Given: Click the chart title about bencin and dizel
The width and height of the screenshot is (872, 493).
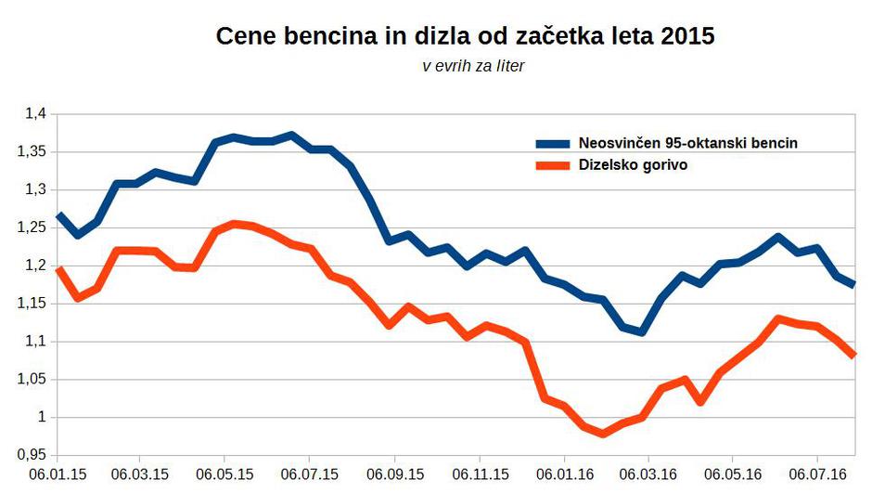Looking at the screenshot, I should tap(466, 37).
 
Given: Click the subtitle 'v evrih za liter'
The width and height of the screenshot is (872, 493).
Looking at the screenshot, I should tap(473, 67).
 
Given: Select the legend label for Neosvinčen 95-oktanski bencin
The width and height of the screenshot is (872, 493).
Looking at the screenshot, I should tap(687, 143).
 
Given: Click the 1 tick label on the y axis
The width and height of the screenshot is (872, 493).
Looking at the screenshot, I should tap(41, 417).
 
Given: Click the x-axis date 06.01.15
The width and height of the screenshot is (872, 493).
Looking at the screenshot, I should tap(57, 474).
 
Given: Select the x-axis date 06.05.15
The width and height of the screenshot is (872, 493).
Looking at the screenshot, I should tap(224, 474).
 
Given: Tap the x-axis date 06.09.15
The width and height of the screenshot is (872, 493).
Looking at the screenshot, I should tap(394, 474).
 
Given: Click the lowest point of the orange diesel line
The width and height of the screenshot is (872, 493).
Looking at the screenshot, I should tap(603, 434).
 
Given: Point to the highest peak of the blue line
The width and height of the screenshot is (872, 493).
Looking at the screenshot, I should tap(291, 136).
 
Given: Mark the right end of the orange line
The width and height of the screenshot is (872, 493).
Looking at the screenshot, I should tap(853, 355).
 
